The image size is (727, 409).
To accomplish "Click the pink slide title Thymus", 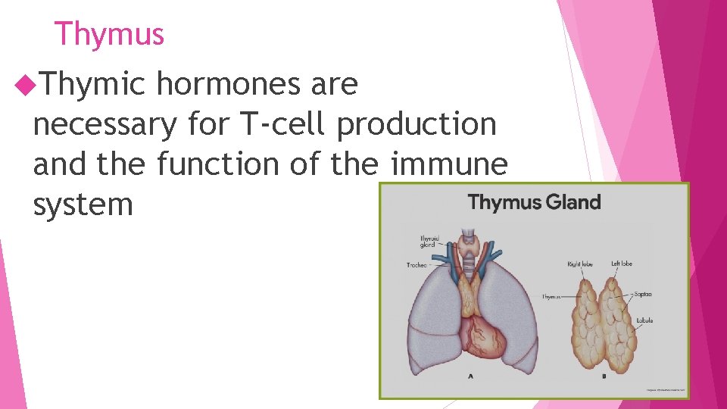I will coord(109,34).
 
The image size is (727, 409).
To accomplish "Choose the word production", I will coord(417,124).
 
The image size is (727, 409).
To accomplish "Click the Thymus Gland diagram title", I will coord(534,202).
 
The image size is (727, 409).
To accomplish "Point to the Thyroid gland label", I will coord(429,242).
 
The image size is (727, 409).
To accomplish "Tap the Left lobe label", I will coord(621,264).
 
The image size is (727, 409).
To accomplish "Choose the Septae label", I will coord(644,294).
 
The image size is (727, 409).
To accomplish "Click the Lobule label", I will coord(644,320).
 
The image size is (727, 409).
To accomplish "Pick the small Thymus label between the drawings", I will coord(552,297).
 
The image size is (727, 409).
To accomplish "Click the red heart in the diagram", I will coord(479,336).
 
